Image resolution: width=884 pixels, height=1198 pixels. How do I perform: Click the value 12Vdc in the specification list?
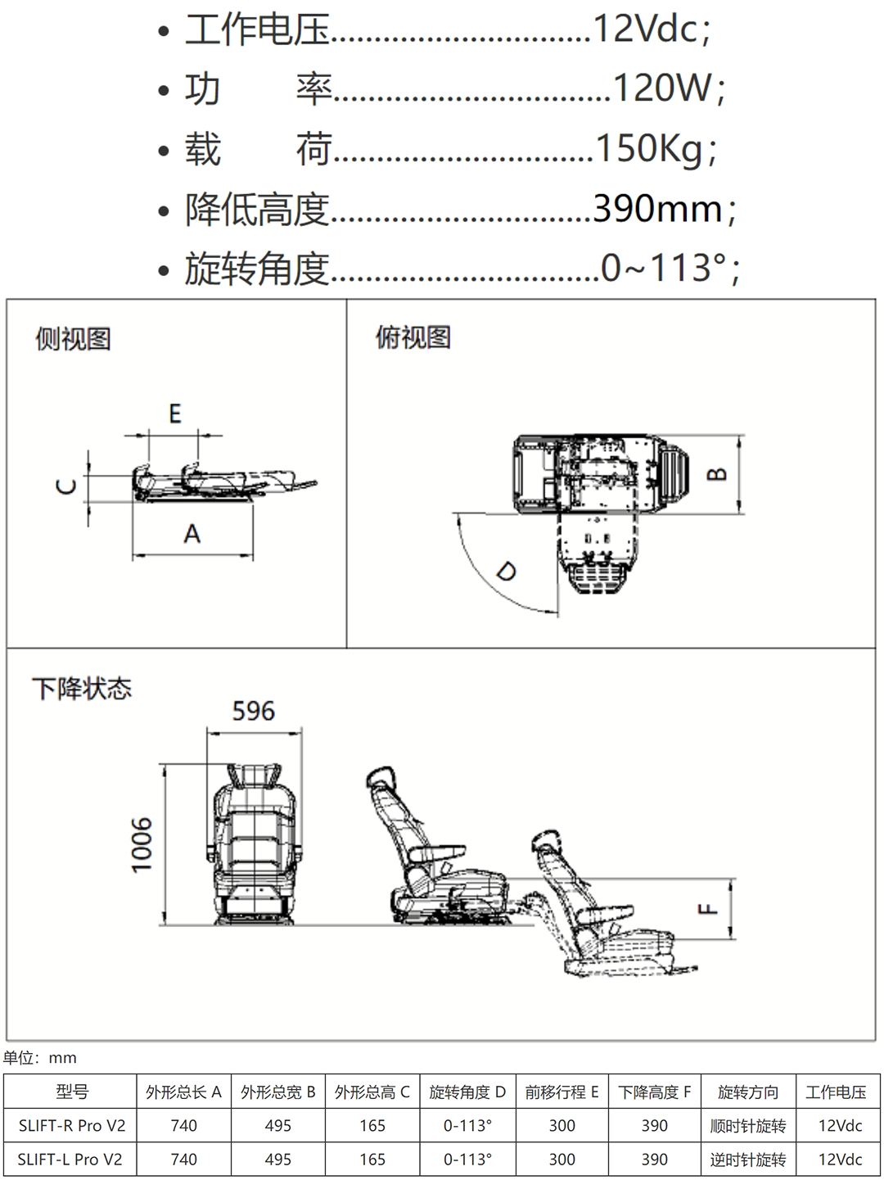point(646,29)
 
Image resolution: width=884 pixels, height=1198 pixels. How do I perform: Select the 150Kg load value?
point(649,148)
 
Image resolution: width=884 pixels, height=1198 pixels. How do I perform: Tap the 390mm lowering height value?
point(658,209)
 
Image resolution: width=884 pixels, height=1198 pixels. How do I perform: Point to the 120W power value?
point(663,88)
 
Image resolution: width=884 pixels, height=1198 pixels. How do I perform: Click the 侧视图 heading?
point(73,339)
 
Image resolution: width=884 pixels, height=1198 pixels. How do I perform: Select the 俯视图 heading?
point(413,337)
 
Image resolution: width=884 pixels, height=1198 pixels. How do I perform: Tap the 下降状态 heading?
point(82,689)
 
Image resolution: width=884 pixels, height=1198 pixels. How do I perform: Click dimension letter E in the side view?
point(175,414)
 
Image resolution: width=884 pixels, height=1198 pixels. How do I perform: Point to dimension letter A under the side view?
point(192,534)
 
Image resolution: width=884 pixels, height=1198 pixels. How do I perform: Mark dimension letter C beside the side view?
point(66,486)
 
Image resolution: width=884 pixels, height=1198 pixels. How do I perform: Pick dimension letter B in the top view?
point(717,474)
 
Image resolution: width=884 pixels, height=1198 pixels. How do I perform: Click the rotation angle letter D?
point(507,572)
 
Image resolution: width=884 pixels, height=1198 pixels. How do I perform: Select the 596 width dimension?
point(253,711)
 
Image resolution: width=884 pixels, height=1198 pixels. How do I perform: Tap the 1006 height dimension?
point(142,845)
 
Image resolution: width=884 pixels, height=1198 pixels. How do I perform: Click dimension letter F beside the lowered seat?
point(708,908)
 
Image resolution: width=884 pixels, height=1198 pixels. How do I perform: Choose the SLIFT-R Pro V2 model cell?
point(72,1126)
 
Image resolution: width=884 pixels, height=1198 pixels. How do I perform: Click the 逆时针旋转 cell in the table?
point(748,1160)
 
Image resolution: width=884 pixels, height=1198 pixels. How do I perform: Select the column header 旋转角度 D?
point(467,1092)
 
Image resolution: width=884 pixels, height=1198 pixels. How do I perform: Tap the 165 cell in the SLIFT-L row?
point(372,1160)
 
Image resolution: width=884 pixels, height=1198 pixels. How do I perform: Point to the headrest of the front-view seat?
point(254,775)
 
